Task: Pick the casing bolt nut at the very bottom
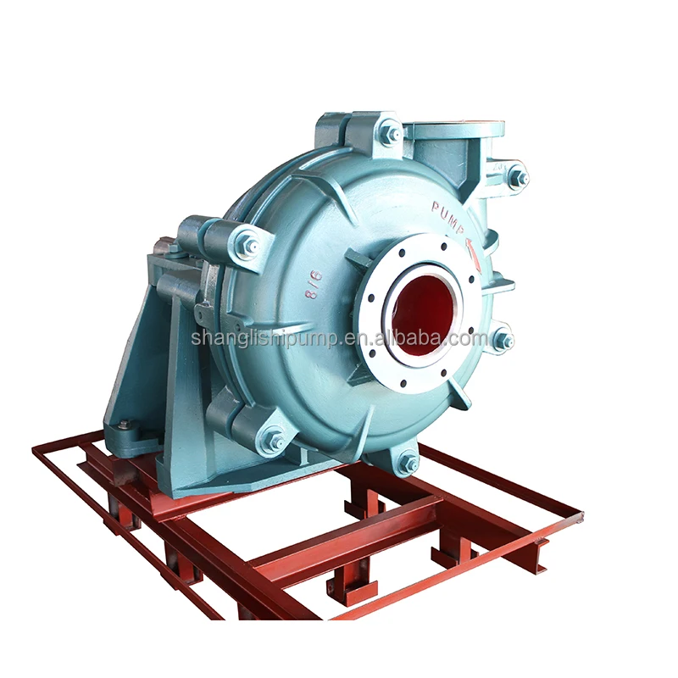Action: (x=408, y=463)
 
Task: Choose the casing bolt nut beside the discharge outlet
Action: (x=518, y=178)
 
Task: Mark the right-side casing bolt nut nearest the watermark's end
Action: (x=503, y=341)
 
